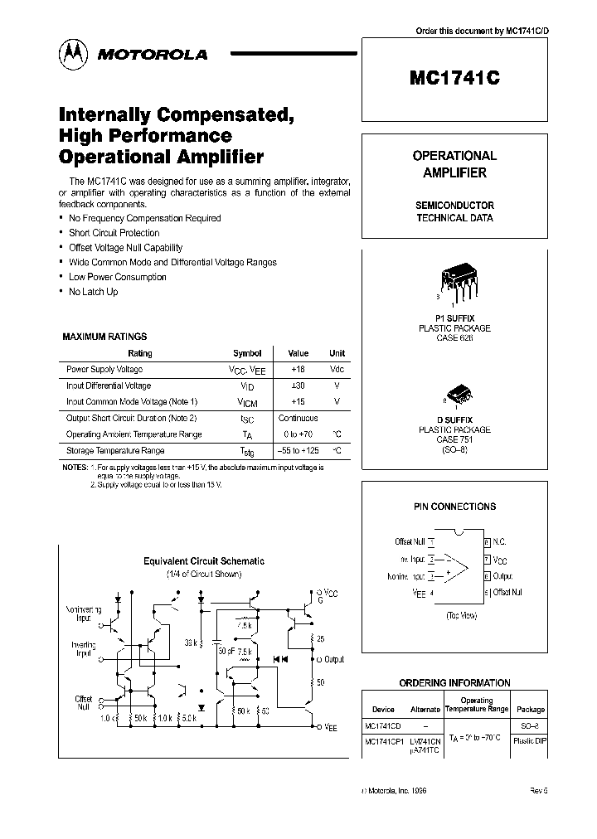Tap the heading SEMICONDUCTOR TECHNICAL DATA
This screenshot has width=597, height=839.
click(x=454, y=211)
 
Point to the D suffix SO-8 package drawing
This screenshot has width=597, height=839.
click(x=459, y=394)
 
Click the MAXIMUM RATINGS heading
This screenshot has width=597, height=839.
click(x=104, y=337)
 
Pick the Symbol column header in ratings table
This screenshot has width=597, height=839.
click(x=247, y=353)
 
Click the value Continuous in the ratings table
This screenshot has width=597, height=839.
click(x=298, y=418)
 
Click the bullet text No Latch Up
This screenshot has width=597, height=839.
click(x=94, y=292)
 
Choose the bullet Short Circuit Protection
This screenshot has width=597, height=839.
click(x=114, y=233)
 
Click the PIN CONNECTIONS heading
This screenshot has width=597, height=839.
click(x=454, y=506)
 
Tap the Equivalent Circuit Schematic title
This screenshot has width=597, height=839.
click(x=204, y=561)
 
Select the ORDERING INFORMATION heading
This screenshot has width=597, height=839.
click(x=454, y=682)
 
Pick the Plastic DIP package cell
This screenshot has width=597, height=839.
click(x=531, y=741)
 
